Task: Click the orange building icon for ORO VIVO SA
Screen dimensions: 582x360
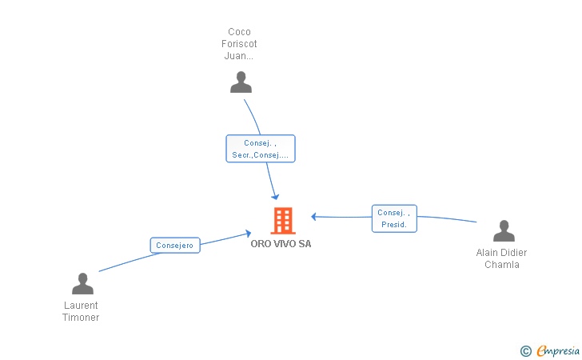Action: (x=283, y=221)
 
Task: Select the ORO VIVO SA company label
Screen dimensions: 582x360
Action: (x=281, y=244)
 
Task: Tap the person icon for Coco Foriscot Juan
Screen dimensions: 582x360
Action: (x=241, y=82)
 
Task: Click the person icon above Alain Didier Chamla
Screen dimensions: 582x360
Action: (x=504, y=230)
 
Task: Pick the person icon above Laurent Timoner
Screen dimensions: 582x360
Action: (x=82, y=283)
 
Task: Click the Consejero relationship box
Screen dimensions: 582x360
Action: (x=175, y=246)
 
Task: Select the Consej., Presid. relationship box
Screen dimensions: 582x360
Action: (x=394, y=218)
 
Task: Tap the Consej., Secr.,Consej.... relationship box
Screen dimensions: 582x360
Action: (x=260, y=149)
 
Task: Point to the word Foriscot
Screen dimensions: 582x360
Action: (x=239, y=44)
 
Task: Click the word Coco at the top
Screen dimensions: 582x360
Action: (x=239, y=31)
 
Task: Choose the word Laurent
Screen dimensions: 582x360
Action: (x=81, y=306)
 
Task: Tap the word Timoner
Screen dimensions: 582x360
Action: (x=81, y=318)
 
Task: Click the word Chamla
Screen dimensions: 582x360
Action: (x=502, y=265)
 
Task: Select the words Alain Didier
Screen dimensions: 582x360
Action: (x=501, y=253)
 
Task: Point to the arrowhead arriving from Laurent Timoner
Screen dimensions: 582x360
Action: (x=248, y=234)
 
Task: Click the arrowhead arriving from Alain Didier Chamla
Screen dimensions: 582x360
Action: (x=314, y=217)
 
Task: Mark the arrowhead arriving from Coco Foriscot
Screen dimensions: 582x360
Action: (x=275, y=197)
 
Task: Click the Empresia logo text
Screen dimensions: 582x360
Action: (x=558, y=350)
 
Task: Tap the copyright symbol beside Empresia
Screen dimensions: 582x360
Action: (x=525, y=350)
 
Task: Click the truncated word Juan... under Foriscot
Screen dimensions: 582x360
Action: (x=239, y=56)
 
